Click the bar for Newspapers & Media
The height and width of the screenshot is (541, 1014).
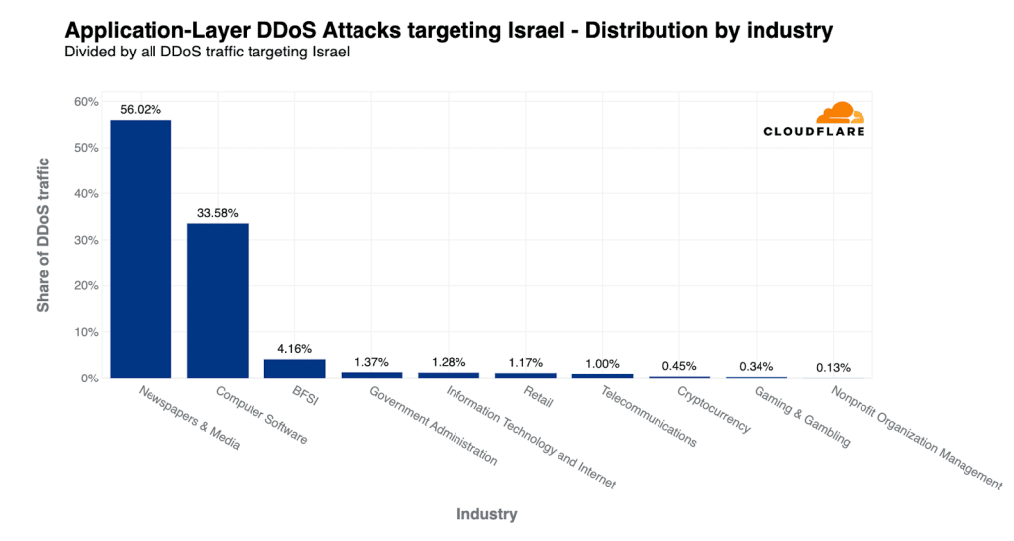tap(141, 248)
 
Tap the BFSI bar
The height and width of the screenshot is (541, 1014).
tap(294, 368)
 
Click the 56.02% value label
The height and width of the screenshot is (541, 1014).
tap(141, 110)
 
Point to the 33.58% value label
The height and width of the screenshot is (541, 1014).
tap(218, 213)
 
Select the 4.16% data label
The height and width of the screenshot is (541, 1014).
tap(294, 349)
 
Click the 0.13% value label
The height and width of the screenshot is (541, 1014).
tap(832, 367)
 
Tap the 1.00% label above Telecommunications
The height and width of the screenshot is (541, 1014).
tap(601, 363)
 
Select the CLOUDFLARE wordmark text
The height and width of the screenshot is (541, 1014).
tap(814, 131)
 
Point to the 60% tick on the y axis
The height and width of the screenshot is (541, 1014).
tap(86, 102)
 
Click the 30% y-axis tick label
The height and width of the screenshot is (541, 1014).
tap(86, 240)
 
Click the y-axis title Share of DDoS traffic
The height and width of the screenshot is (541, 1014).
tap(43, 240)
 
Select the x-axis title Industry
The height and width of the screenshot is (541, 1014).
tap(486, 514)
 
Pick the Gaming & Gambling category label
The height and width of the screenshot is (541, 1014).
tap(802, 417)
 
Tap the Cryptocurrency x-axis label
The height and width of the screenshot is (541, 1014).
tap(713, 410)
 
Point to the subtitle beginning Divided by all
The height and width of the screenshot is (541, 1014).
tap(208, 53)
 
